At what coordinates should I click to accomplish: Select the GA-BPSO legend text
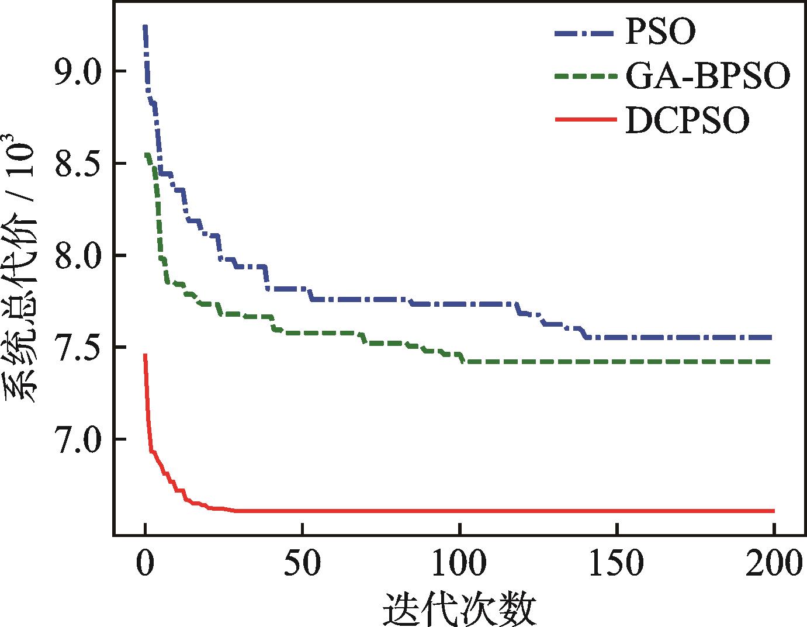708,76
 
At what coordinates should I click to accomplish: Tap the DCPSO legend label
687,120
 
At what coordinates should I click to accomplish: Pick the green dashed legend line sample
586,76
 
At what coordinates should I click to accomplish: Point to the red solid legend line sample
586,120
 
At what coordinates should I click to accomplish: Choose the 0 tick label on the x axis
145,562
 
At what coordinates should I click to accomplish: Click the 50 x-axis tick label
303,562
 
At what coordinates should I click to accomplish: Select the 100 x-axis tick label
460,562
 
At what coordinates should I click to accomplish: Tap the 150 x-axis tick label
617,562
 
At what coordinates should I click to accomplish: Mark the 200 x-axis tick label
774,562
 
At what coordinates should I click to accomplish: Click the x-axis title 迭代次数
459,609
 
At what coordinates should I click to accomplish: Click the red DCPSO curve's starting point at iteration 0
145,355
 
